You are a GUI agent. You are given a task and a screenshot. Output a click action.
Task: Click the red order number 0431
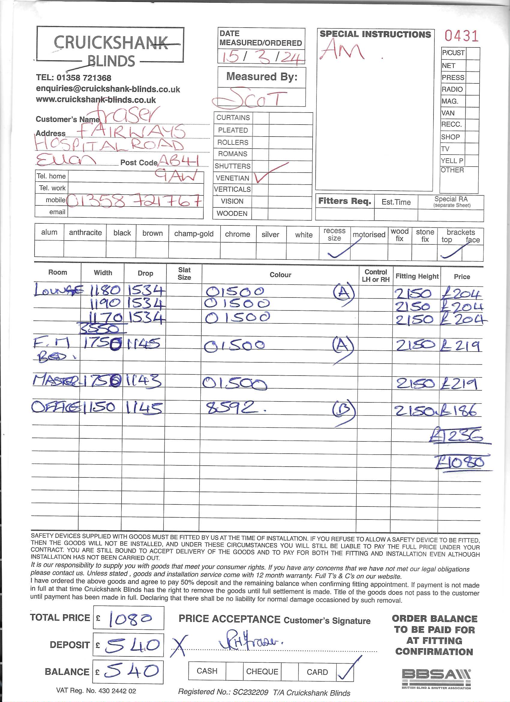461,36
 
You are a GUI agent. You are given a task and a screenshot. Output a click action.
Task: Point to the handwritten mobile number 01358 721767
134,201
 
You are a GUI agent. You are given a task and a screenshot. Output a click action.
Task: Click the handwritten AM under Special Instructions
342,50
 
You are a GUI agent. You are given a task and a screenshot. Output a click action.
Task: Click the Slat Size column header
184,274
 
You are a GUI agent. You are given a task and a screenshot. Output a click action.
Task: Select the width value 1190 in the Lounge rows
104,304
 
